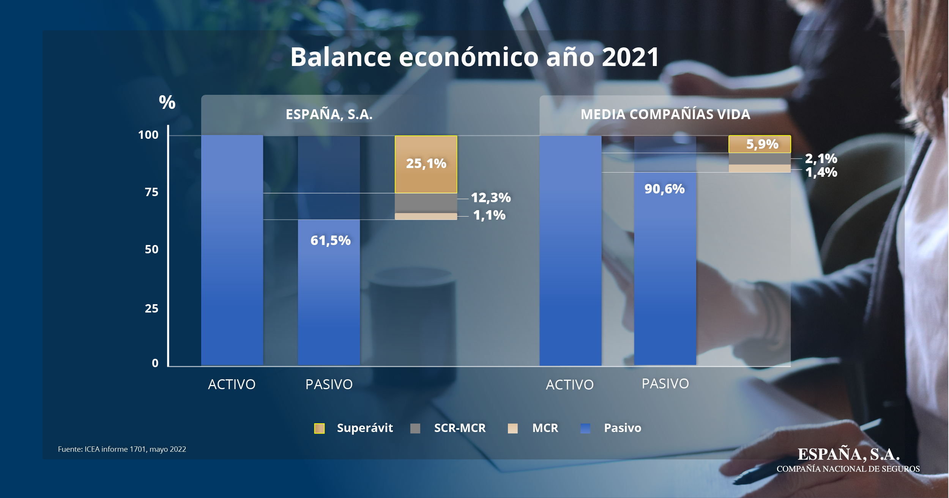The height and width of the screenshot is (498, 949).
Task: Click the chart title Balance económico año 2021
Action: [x=474, y=57]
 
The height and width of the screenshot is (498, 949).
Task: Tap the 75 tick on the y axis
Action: [x=151, y=192]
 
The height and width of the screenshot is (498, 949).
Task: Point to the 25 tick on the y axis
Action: [x=151, y=308]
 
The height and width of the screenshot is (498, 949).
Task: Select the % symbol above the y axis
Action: [x=167, y=102]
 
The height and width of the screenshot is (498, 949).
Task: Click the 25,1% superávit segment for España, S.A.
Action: [x=426, y=164]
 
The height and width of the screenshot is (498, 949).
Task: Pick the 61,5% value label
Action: [x=330, y=240]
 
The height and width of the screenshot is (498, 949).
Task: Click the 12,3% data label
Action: [x=490, y=198]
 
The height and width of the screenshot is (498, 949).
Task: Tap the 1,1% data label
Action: [x=489, y=215]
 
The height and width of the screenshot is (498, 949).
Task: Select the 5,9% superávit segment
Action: [x=760, y=144]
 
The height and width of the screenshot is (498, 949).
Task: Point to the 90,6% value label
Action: [x=664, y=189]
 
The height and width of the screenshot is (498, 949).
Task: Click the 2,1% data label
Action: [x=821, y=159]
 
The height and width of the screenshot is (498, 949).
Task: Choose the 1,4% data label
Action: [x=821, y=173]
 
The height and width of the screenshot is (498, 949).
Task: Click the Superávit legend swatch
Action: [x=319, y=428]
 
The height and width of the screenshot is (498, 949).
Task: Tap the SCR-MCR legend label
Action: [x=460, y=428]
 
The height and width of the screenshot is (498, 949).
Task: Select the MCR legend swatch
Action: [x=512, y=428]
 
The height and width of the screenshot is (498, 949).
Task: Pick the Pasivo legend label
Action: [x=623, y=428]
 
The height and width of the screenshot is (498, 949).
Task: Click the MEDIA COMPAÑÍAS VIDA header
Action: [x=665, y=114]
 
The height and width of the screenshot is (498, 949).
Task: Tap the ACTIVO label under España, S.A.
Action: [x=232, y=385]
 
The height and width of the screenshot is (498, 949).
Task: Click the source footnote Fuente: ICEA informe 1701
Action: [x=122, y=449]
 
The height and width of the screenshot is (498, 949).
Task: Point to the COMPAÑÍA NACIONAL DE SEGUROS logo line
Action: [x=848, y=469]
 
